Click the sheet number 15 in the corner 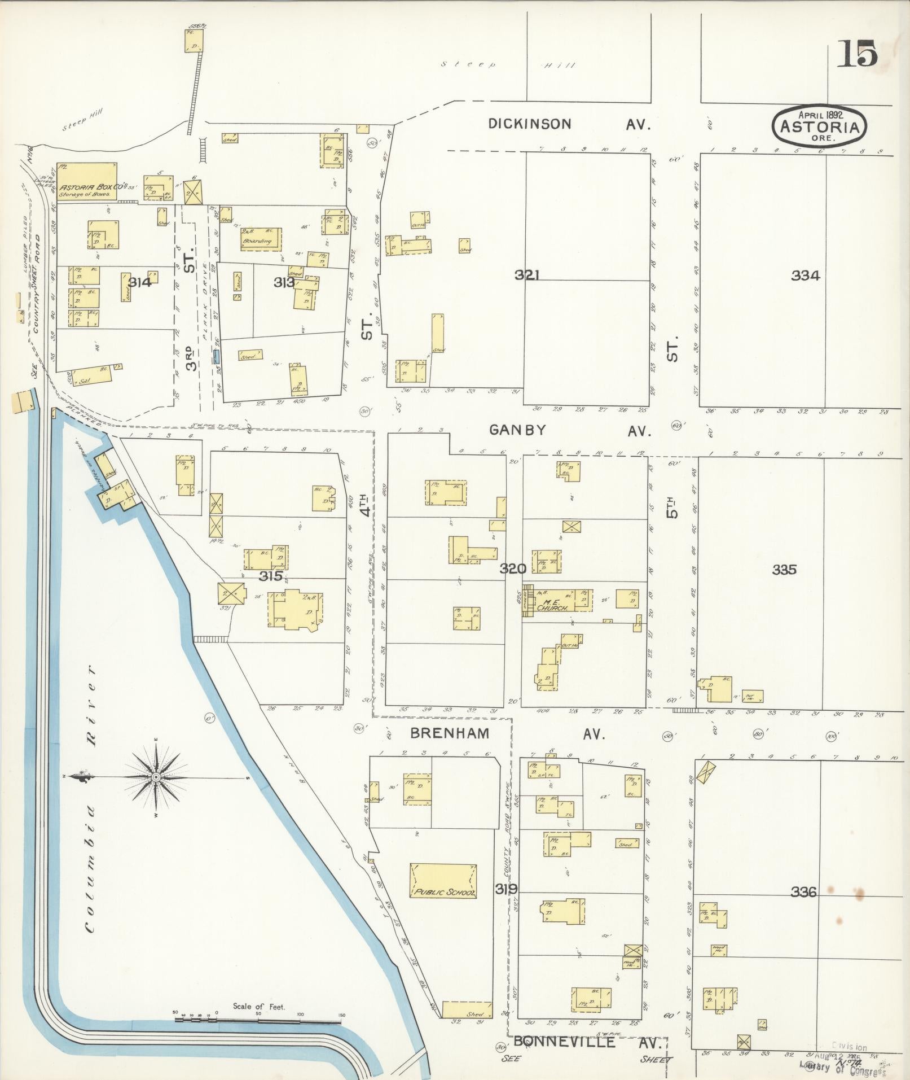coord(857,54)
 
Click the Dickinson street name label coord(530,124)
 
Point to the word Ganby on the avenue coord(517,430)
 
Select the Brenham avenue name coord(449,733)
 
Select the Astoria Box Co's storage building coord(87,182)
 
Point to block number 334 coord(805,276)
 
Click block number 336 coord(803,892)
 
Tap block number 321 coord(528,275)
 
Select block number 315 coord(271,576)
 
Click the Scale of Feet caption coord(259,1006)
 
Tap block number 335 coord(784,570)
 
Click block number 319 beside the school coord(506,889)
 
